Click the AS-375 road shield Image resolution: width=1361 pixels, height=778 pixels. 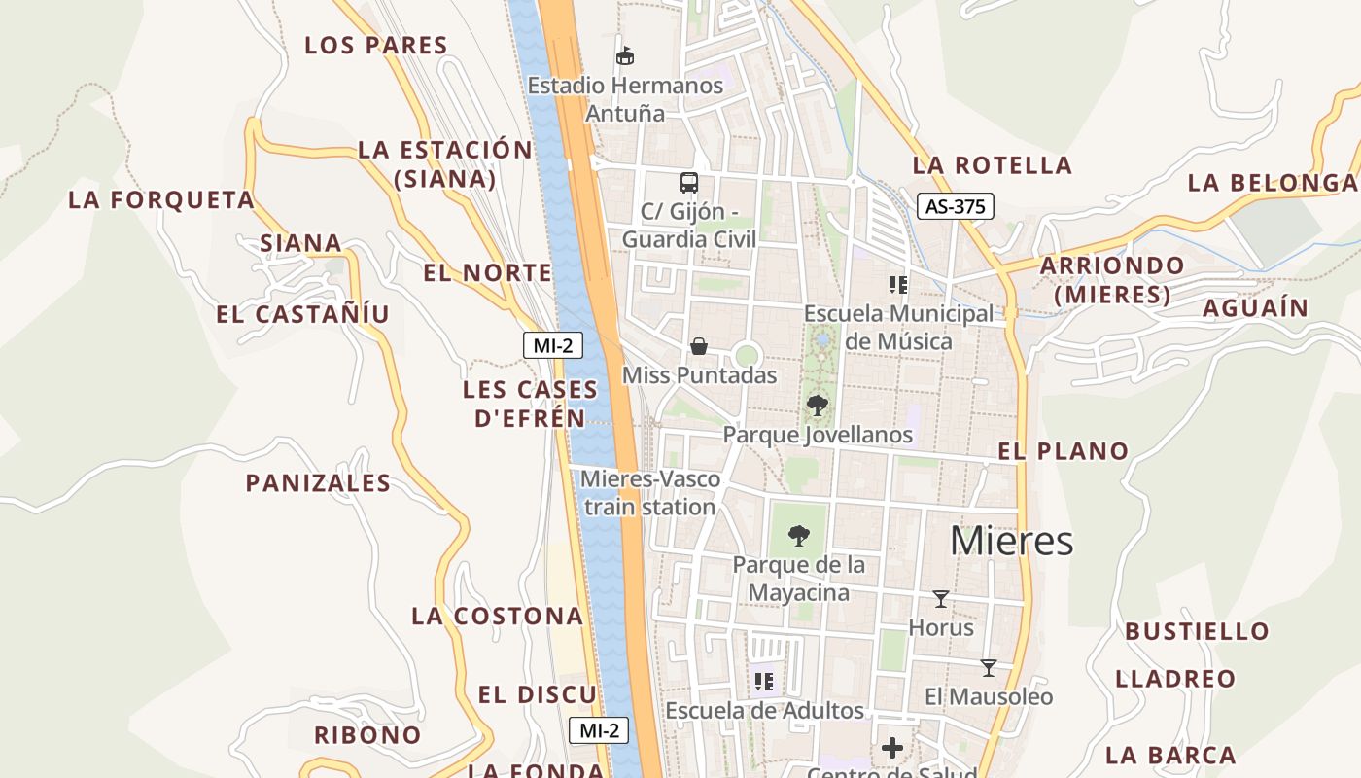pos(955,206)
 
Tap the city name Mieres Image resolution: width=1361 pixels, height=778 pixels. pos(1011,541)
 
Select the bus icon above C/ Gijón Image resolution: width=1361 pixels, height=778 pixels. pos(688,182)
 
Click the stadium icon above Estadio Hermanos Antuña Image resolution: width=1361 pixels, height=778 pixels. pos(625,55)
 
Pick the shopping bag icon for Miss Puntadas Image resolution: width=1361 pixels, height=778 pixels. pos(698,345)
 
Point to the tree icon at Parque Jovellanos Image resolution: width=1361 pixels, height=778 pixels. pos(818,405)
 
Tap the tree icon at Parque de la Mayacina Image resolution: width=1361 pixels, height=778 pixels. pos(799,534)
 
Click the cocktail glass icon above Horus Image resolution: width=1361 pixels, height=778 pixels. pos(940,598)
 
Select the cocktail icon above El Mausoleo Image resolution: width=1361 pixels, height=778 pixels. pos(989,667)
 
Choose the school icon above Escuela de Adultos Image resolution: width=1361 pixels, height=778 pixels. pos(764,682)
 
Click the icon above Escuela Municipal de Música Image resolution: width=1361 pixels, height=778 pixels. pos(898,285)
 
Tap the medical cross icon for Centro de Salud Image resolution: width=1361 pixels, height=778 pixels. pos(892,748)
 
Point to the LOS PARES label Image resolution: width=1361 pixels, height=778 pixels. pos(376,45)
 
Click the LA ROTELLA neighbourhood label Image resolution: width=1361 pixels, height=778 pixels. pos(992,165)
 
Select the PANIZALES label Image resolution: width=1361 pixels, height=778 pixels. pos(318,483)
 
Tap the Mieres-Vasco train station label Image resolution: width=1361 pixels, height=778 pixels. pos(650,493)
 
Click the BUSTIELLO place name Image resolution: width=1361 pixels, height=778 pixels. pos(1197,631)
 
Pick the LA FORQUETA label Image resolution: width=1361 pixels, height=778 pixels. pos(161,200)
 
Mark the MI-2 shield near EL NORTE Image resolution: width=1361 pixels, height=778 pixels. pos(552,344)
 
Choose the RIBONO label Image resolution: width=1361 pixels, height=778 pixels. pos(367,735)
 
